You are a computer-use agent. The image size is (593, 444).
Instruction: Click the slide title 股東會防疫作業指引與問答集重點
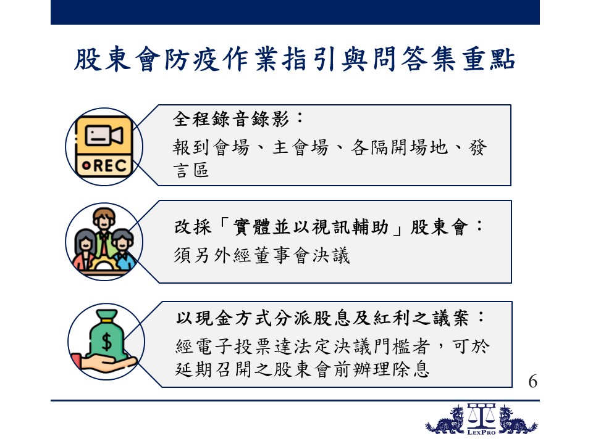[x=295, y=59]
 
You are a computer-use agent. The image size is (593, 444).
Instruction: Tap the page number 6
[x=532, y=381]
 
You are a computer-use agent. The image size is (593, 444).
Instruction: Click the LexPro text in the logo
[x=481, y=432]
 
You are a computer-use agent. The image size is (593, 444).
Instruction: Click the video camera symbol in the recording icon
[x=104, y=135]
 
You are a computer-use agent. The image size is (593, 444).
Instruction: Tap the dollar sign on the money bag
[x=107, y=342]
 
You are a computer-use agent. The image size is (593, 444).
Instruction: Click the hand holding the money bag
[x=103, y=363]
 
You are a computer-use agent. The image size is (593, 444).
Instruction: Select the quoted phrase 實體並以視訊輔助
[x=311, y=228]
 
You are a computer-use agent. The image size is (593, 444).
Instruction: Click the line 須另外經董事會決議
[x=262, y=255]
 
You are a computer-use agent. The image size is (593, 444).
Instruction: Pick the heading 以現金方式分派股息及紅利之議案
[x=322, y=318]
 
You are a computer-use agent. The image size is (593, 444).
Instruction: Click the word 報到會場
[x=211, y=147]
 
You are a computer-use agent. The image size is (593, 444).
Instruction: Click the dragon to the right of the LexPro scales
[x=517, y=420]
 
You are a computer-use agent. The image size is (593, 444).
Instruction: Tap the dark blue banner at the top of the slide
[x=295, y=12]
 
